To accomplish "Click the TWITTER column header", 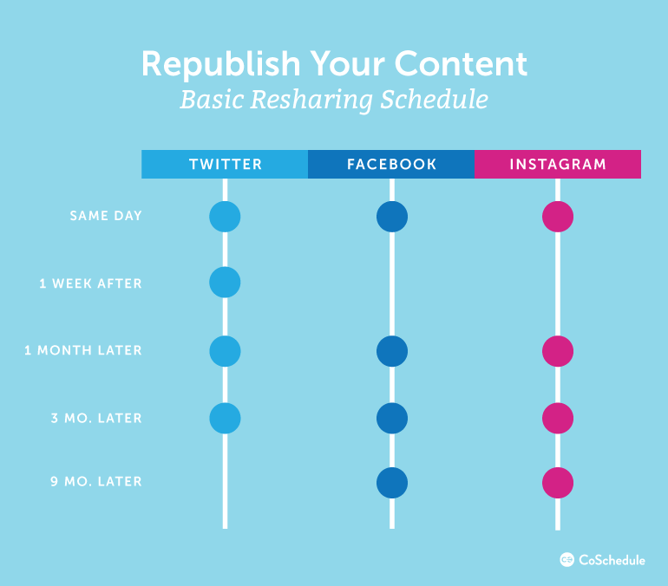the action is click(225, 164).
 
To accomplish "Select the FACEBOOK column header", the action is click(391, 164).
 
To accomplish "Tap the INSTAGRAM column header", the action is click(558, 164).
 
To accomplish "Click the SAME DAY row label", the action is click(106, 216).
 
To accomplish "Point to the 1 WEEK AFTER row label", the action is click(90, 283).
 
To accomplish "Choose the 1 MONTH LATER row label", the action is click(83, 350).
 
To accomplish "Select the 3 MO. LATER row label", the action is click(96, 418).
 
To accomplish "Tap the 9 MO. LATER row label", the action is click(96, 481).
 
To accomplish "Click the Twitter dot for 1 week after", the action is click(225, 282).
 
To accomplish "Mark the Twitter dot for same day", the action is click(225, 217).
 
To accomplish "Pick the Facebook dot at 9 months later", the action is click(392, 483).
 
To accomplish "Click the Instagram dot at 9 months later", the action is click(558, 483).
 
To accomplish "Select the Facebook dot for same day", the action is click(392, 217).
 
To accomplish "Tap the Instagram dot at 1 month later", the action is click(558, 351).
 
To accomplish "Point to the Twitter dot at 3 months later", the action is click(225, 418).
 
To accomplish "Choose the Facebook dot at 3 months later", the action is click(392, 418).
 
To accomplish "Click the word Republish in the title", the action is click(221, 65).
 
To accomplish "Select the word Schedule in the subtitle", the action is click(434, 100).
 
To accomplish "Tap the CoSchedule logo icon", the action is click(567, 560).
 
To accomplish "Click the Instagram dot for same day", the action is click(558, 217).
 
